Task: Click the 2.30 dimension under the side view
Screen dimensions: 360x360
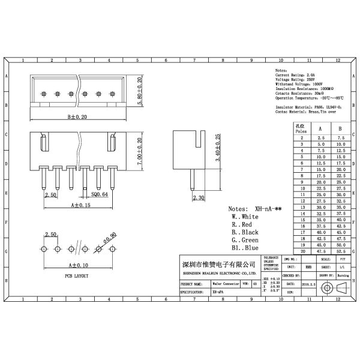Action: pos(197,197)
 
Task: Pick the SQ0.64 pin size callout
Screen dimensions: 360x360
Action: pos(100,194)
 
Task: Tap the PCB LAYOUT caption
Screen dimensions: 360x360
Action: pos(77,276)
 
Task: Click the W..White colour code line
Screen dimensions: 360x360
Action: pos(245,216)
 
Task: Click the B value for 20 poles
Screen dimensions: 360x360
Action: pos(340,253)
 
